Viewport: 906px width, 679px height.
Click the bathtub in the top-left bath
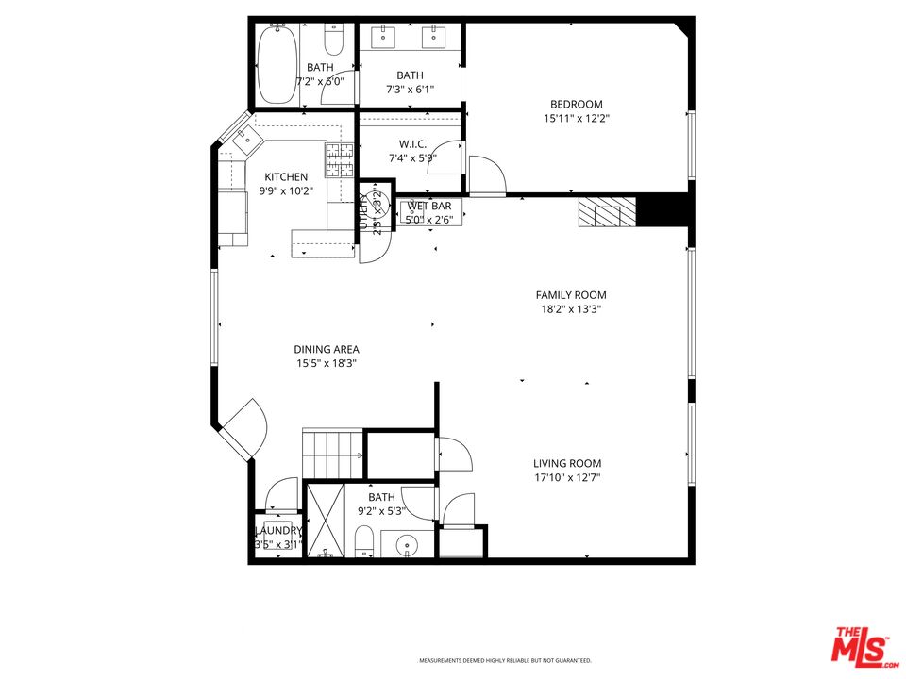tap(277, 65)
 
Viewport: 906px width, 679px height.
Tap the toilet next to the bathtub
tap(334, 40)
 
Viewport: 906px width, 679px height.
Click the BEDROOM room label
tap(576, 105)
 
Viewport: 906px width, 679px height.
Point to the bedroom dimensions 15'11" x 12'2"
tap(576, 120)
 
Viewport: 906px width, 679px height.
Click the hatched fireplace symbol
tap(600, 213)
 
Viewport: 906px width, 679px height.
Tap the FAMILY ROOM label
tap(571, 295)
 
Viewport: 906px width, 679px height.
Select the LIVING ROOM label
tap(567, 463)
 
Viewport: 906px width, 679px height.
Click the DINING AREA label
tap(326, 349)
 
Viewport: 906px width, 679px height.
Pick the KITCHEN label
tap(285, 177)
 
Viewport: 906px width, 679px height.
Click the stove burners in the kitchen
tap(339, 160)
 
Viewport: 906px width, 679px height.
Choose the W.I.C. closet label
tap(412, 144)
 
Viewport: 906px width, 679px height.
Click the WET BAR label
tap(429, 207)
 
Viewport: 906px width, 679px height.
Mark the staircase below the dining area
tap(332, 454)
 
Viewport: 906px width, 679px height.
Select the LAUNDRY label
tap(277, 531)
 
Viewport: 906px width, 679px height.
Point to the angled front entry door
tap(242, 426)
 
